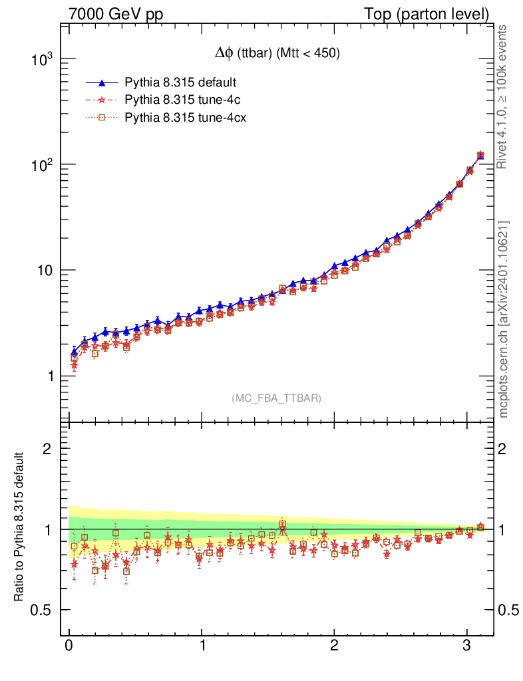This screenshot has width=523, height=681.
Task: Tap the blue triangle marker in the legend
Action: click(102, 83)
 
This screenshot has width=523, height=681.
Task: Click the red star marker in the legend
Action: click(102, 100)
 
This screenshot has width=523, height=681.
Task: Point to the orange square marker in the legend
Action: click(102, 118)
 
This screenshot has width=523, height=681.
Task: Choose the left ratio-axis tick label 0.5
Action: click(44, 611)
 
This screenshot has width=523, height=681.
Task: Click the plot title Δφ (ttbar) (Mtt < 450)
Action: click(273, 55)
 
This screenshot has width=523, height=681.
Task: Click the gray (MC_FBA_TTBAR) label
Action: click(277, 398)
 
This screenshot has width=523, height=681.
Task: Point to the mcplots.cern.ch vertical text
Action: click(504, 319)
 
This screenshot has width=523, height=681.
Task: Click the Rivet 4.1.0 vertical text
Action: click(504, 96)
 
